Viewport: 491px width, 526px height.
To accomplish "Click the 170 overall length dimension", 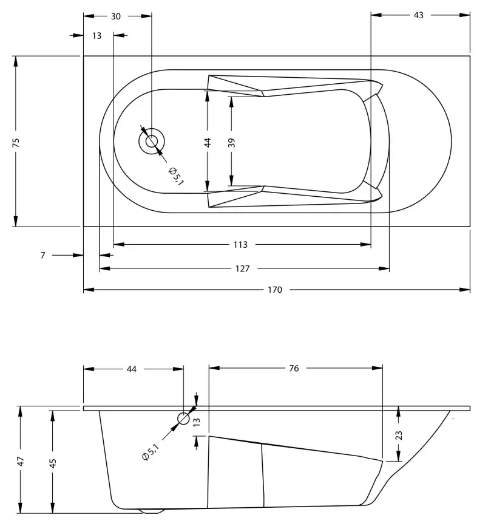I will tap(275, 290).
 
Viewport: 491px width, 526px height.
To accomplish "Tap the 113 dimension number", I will tap(240, 245).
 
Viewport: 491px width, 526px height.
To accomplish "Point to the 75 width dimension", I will tap(16, 142).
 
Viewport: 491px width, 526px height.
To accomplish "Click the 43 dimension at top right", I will tap(418, 16).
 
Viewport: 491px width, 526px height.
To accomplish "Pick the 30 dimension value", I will tap(116, 16).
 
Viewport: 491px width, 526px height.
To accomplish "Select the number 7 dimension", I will tap(42, 256).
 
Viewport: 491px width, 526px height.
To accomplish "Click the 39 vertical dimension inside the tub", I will tap(231, 143).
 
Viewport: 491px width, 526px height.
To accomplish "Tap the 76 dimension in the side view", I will tap(294, 368).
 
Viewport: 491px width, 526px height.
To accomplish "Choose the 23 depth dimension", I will tap(398, 435).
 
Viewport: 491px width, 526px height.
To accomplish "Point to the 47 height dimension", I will tap(21, 461).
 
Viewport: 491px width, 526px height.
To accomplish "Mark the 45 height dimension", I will tap(53, 462).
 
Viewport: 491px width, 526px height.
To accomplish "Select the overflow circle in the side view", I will tap(183, 418).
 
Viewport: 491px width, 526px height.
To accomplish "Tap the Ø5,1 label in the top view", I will tap(175, 176).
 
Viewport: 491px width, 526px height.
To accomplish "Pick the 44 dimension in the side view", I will tap(132, 368).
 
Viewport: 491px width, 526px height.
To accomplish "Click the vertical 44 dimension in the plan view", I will tap(208, 143).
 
